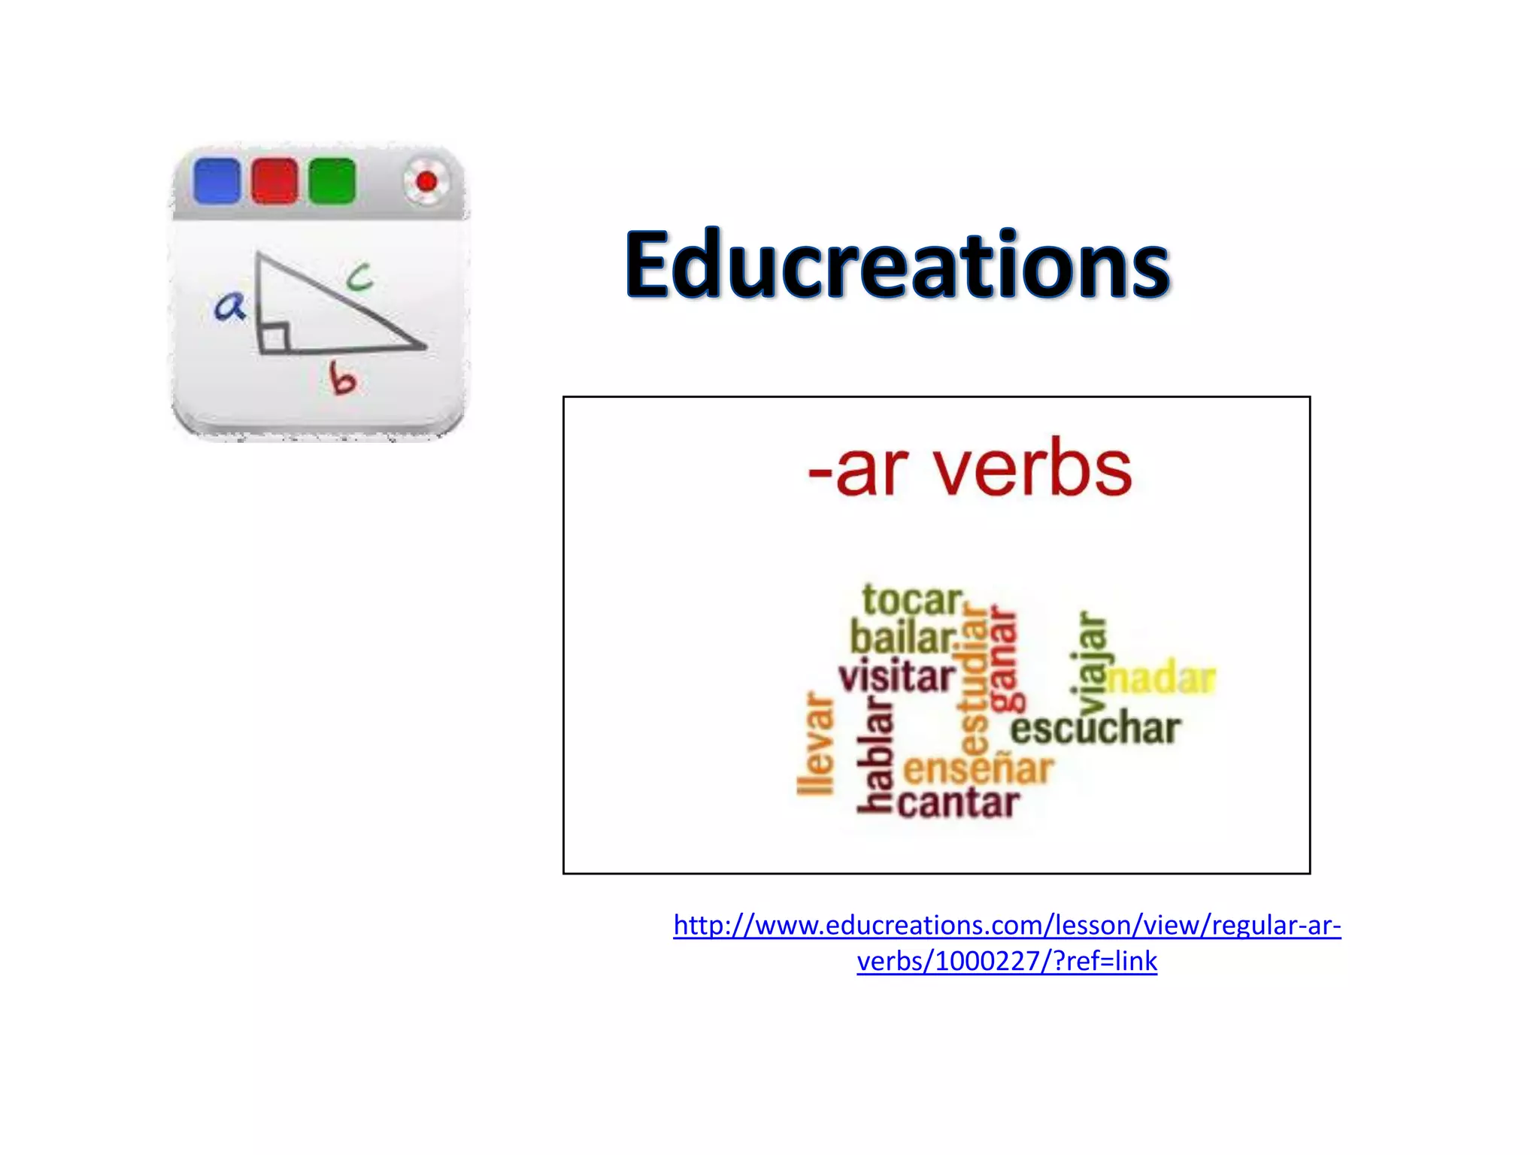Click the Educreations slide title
897,265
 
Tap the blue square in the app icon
217,181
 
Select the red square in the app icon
274,181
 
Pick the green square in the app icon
332,181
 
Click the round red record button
426,181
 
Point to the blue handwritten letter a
229,306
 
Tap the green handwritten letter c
359,277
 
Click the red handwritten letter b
343,378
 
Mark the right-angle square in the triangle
274,338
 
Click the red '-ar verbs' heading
969,469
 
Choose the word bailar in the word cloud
903,638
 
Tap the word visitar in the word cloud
897,677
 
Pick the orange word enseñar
978,769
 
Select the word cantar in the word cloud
959,803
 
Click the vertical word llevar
816,743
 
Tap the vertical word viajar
1091,662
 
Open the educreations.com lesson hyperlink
1007,926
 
